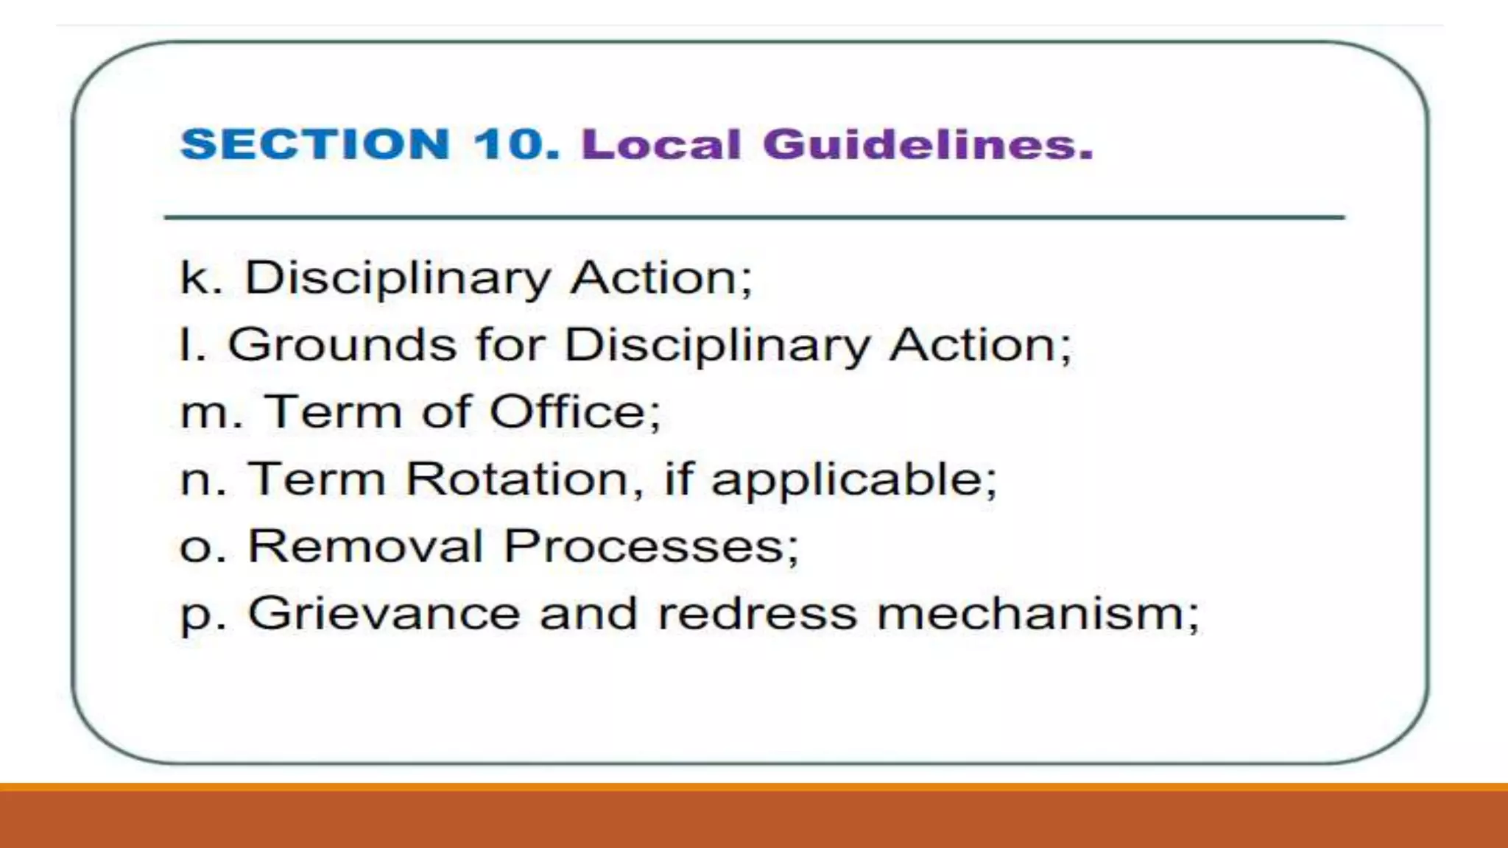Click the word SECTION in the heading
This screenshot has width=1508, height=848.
click(315, 144)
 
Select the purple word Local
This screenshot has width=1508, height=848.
click(660, 144)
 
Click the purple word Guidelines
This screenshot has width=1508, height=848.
click(928, 144)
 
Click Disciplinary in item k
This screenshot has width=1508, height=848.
click(398, 279)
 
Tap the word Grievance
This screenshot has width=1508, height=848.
click(384, 614)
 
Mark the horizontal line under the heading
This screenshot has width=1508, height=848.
click(754, 218)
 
